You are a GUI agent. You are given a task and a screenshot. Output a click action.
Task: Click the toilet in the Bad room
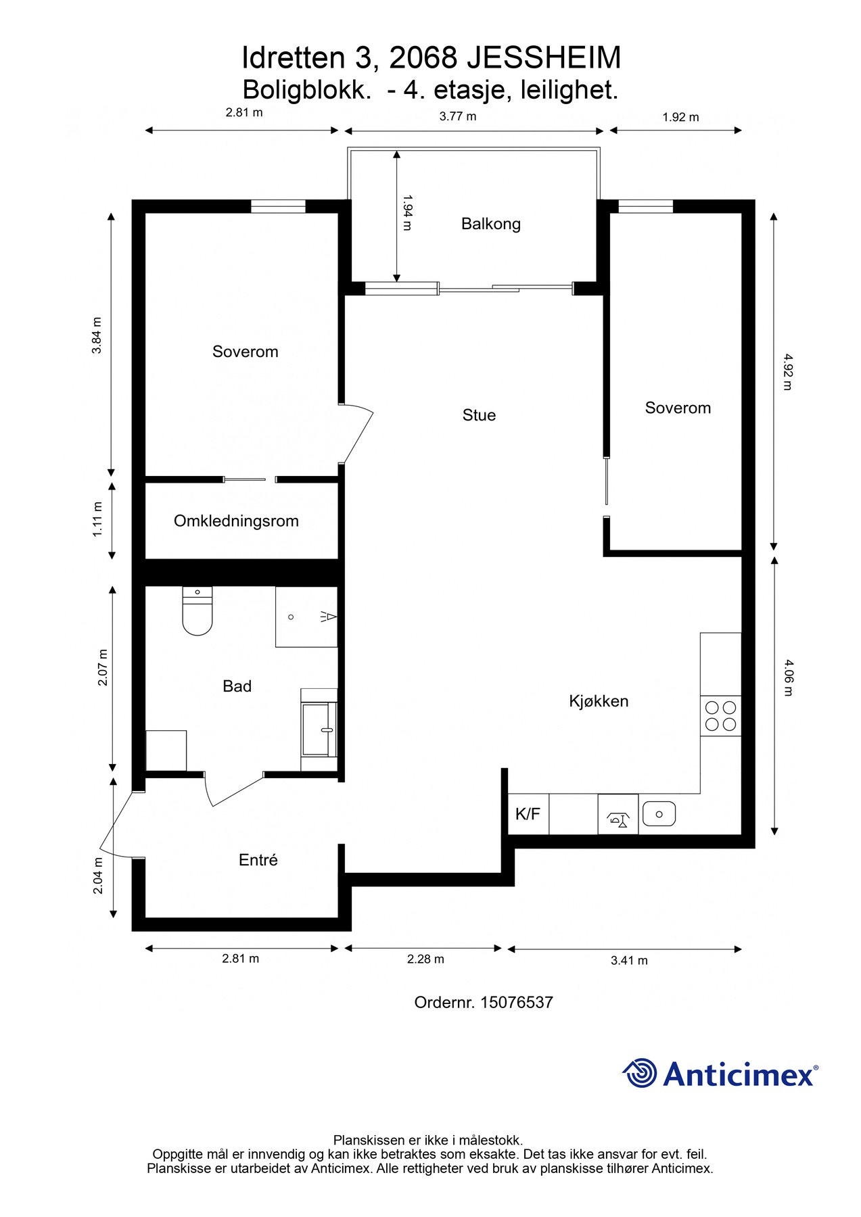tap(197, 611)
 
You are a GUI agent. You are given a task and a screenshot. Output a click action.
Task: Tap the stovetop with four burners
tap(720, 716)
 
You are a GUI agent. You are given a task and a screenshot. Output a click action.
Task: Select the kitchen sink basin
tap(659, 813)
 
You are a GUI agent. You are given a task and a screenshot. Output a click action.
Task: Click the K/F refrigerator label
tap(528, 813)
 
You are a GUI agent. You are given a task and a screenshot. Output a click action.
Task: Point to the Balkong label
tap(491, 224)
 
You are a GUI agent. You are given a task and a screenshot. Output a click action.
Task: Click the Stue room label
tap(479, 415)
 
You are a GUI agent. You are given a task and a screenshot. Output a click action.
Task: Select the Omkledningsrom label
tap(236, 521)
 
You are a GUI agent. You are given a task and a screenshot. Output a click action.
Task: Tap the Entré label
tap(258, 860)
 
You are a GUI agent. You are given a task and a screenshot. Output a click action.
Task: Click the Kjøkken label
tap(599, 701)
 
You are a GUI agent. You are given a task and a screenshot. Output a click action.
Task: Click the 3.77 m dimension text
tap(458, 116)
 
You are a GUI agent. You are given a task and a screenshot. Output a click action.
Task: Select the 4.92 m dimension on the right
tap(787, 372)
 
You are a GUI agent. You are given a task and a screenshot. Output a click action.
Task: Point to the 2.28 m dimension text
tap(425, 959)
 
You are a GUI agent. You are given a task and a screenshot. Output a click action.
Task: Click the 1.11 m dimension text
tap(97, 519)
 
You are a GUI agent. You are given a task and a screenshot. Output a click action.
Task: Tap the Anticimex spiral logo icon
tap(640, 1073)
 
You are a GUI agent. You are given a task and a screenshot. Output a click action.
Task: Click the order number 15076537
tap(517, 1002)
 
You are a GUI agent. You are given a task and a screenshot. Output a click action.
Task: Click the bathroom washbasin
tap(319, 730)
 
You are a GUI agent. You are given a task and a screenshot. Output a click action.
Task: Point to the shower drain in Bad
tap(291, 617)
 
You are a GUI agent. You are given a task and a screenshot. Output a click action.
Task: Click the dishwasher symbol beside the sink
tap(618, 814)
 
